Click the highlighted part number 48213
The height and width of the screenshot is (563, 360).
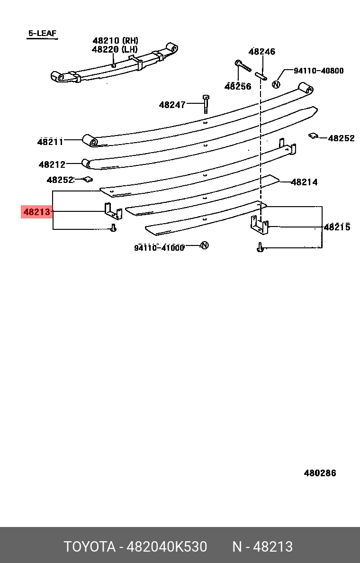36,212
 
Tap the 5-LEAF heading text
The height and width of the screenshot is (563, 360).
42,33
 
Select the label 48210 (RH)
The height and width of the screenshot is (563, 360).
115,41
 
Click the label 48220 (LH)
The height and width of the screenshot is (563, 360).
115,50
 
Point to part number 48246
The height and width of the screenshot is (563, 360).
262,51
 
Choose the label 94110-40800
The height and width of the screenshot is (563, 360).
319,71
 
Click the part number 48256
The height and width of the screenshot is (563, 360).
238,87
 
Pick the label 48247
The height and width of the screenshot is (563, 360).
172,105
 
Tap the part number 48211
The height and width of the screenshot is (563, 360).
50,142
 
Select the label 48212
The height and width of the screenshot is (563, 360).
52,164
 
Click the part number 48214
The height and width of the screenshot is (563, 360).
305,182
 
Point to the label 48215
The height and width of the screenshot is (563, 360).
337,227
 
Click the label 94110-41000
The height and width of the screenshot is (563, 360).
159,248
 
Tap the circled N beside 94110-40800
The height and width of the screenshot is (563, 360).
276,85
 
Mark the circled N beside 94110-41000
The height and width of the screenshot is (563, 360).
204,245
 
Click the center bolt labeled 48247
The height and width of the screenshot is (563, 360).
206,104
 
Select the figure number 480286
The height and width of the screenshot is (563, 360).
320,473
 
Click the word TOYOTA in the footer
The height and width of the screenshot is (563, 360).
90,546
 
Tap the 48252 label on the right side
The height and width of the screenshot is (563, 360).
342,138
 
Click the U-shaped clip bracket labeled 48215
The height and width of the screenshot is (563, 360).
260,226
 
